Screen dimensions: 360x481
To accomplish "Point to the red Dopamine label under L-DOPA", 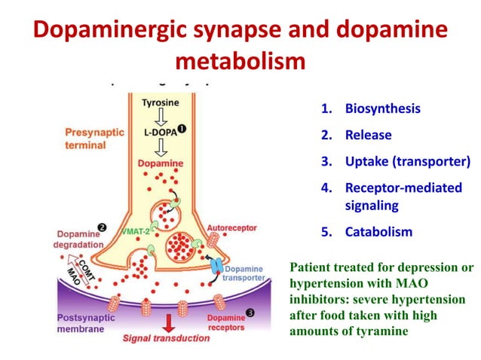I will point(162,163).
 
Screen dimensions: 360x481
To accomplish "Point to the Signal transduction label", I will point(167,338).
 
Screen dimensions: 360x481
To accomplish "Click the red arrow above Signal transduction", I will point(167,320).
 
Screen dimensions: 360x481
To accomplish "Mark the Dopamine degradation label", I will point(78,239).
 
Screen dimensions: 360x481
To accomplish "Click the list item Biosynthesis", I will point(382,108).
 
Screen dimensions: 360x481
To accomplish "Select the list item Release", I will point(369,136).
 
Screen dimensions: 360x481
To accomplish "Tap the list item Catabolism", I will point(378,231).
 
